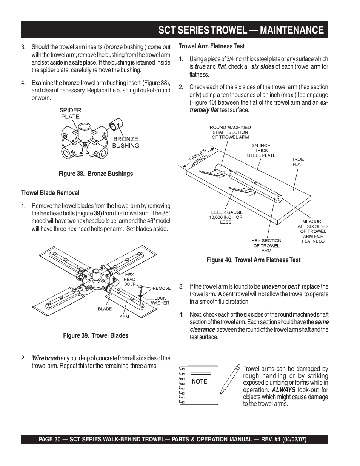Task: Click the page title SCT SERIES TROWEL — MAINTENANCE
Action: tap(241, 30)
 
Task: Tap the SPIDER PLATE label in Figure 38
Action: tap(70, 113)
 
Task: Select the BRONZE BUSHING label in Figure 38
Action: tap(126, 142)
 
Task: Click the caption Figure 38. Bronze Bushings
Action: tap(95, 174)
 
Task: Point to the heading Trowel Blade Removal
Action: tap(50, 193)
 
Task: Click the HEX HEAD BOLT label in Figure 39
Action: tap(129, 279)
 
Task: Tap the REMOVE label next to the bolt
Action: tap(162, 288)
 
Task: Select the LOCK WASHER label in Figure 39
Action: tap(160, 300)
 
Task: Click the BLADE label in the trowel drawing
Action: tap(105, 309)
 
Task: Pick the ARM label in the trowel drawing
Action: tap(124, 317)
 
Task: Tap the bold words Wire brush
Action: tap(46, 358)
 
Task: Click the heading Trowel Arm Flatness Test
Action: tap(211, 46)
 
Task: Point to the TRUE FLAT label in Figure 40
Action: tap(298, 162)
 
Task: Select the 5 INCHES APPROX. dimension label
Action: tap(198, 156)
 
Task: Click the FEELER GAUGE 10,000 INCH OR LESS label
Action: tap(226, 217)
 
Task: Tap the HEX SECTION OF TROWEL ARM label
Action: tap(266, 245)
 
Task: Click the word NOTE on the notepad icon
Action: tap(199, 381)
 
